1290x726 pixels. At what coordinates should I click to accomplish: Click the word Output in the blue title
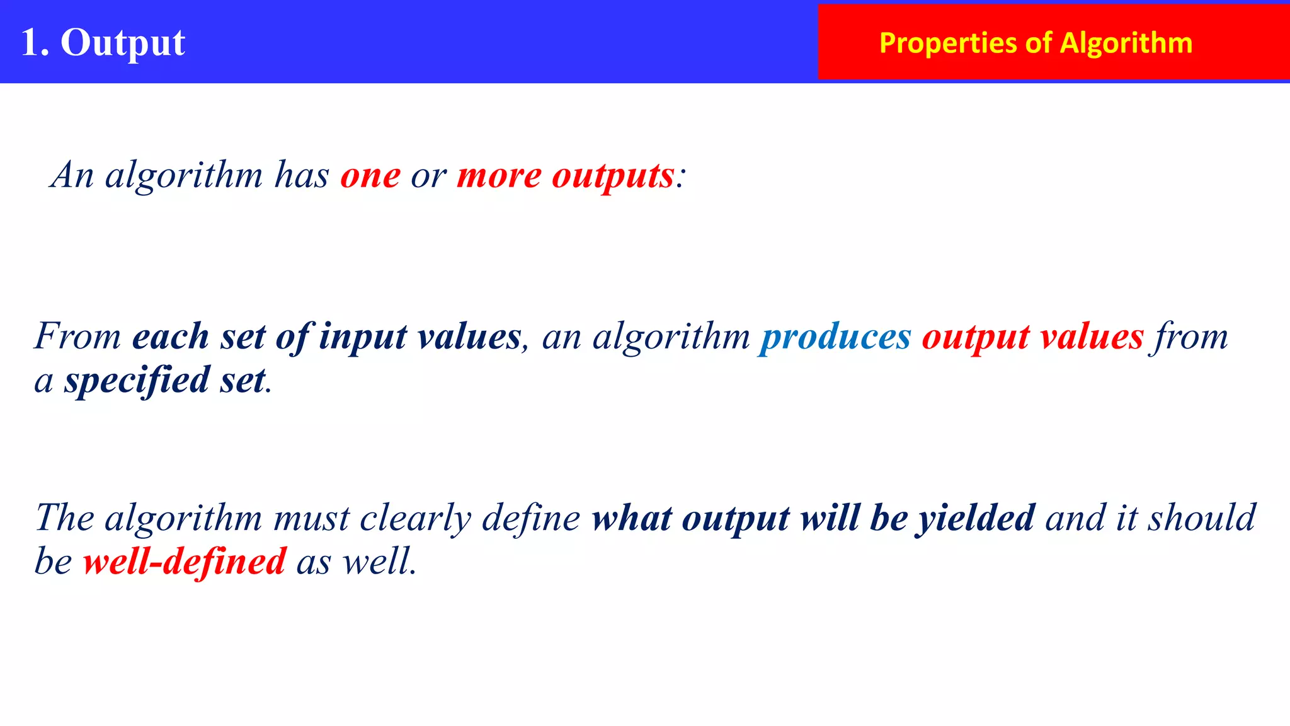point(123,43)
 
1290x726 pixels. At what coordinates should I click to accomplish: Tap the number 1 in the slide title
point(30,43)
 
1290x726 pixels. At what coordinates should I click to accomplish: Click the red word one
point(370,175)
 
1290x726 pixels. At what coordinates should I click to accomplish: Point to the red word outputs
point(613,175)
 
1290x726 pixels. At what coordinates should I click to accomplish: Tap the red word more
point(499,175)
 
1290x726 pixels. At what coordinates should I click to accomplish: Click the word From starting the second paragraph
point(77,336)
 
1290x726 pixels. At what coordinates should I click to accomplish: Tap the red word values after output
point(1092,337)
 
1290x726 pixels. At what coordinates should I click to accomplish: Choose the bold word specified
point(137,381)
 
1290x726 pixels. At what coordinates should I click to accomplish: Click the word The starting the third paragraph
point(64,518)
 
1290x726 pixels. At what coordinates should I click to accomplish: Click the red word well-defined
point(185,562)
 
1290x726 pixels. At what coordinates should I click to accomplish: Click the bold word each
point(170,337)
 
